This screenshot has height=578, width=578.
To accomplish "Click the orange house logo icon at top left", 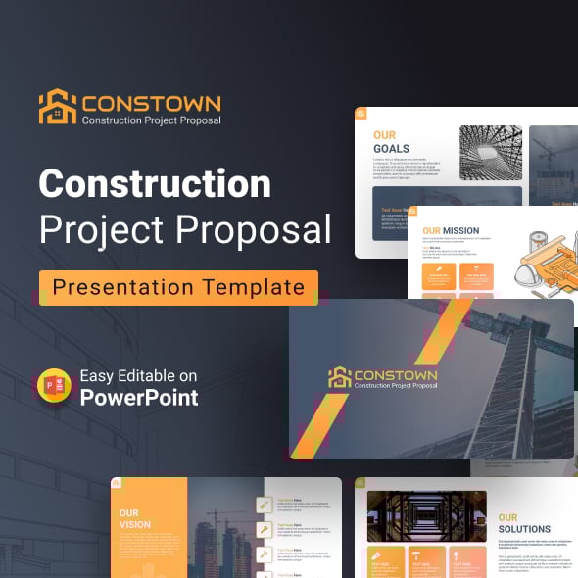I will pyautogui.click(x=57, y=107).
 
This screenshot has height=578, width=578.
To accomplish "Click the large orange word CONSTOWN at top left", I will pyautogui.click(x=151, y=102).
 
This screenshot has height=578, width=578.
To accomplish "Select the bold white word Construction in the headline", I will pyautogui.click(x=155, y=183).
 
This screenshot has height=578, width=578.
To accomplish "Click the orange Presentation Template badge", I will pyautogui.click(x=178, y=287).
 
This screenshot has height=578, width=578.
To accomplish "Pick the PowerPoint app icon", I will pyautogui.click(x=54, y=386).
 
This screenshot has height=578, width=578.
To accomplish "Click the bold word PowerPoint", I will pyautogui.click(x=139, y=397).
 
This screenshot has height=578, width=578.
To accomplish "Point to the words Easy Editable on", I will pyautogui.click(x=138, y=376).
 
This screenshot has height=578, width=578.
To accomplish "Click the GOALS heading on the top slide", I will pyautogui.click(x=391, y=149).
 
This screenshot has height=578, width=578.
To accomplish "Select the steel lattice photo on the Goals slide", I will pyautogui.click(x=491, y=153).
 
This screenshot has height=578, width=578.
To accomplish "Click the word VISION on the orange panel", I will pyautogui.click(x=135, y=524).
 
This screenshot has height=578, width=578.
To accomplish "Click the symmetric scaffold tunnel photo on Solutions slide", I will pyautogui.click(x=427, y=516).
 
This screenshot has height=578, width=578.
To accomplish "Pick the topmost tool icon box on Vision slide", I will pyautogui.click(x=264, y=506).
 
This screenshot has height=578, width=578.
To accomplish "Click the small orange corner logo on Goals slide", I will pyautogui.click(x=361, y=114).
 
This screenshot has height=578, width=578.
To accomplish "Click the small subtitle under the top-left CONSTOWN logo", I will pyautogui.click(x=151, y=120).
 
